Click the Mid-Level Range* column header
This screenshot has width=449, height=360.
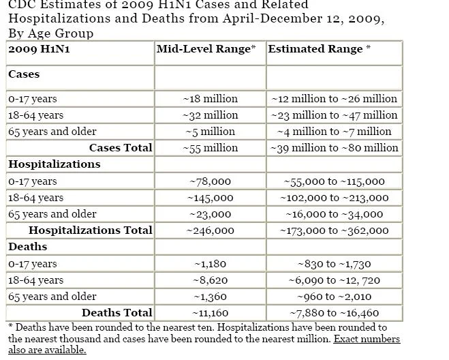pyautogui.click(x=206, y=49)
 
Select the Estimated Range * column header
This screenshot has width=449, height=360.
pyautogui.click(x=320, y=49)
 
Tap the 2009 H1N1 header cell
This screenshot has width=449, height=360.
pyautogui.click(x=39, y=49)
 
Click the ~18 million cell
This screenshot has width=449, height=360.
pyautogui.click(x=211, y=99)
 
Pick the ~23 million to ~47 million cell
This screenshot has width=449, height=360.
pyautogui.click(x=334, y=115)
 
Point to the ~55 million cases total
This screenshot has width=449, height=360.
pyautogui.click(x=211, y=148)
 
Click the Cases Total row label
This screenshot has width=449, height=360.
pyautogui.click(x=121, y=148)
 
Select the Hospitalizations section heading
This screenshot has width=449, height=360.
pyautogui.click(x=55, y=164)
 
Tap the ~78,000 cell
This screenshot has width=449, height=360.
pyautogui.click(x=210, y=181)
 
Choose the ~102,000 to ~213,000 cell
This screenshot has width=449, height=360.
pyautogui.click(x=334, y=198)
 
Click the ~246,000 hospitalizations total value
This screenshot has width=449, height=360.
pyautogui.click(x=210, y=230)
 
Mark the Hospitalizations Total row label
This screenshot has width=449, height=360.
pyautogui.click(x=91, y=230)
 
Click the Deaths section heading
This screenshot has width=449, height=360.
pyautogui.click(x=27, y=247)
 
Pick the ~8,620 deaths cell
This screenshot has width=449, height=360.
pyautogui.click(x=210, y=280)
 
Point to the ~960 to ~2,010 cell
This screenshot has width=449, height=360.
pyautogui.click(x=334, y=297)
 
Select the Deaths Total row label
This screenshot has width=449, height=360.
pyautogui.click(x=117, y=313)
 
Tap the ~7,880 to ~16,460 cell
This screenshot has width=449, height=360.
pyautogui.click(x=334, y=313)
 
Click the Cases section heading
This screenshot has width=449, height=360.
pyautogui.click(x=24, y=74)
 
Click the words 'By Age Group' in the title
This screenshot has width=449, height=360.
pyautogui.click(x=50, y=33)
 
